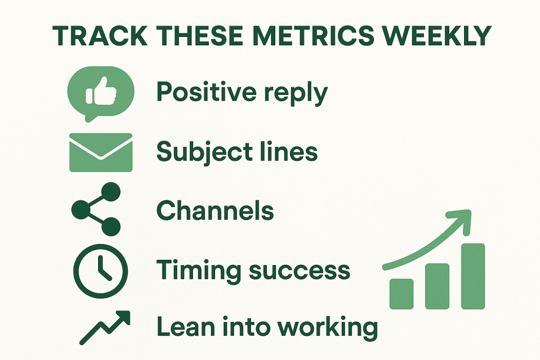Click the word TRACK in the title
tap(100, 35)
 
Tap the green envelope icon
tap(101, 152)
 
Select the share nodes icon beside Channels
tap(96, 209)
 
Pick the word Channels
tap(215, 210)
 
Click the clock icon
tap(101, 271)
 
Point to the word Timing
tap(199, 271)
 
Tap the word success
tap(300, 271)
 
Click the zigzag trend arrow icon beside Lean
tap(105, 328)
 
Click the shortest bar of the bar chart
tap(401, 294)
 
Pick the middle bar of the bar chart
tap(437, 286)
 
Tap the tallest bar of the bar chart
tap(473, 276)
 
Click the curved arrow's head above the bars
tap(461, 220)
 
